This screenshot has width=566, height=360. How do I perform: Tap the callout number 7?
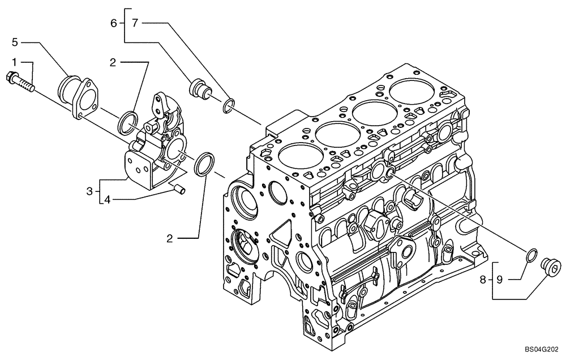134,23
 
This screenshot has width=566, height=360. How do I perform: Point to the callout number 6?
114,23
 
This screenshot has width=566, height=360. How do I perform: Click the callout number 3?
90,192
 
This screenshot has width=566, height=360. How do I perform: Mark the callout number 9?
500,278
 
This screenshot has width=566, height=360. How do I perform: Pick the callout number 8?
483,278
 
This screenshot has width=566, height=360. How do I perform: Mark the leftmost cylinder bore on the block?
293,161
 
